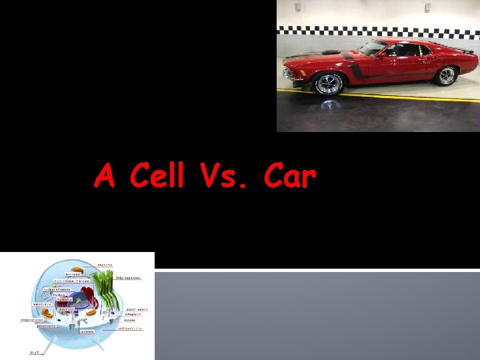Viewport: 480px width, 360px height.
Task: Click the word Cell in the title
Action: coord(157,177)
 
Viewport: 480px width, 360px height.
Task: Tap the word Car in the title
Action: coord(289,177)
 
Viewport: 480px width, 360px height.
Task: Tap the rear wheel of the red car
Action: coord(445,75)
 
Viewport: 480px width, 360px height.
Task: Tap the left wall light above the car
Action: coord(298,7)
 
